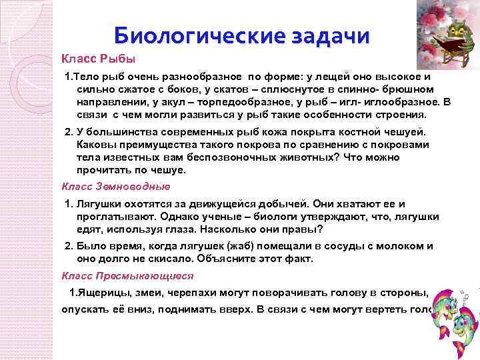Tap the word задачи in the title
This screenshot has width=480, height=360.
pyautogui.click(x=325, y=35)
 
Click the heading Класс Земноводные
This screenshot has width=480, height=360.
pyautogui.click(x=116, y=186)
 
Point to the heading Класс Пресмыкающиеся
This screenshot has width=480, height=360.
pyautogui.click(x=127, y=275)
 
